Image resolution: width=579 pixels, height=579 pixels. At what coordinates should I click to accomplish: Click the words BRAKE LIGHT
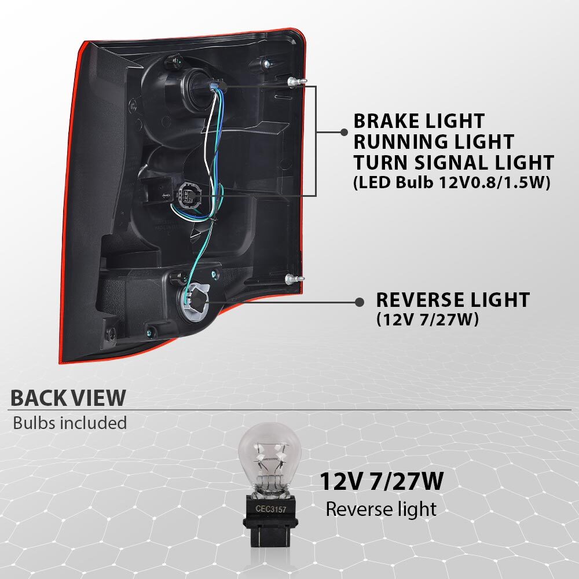pos(419,121)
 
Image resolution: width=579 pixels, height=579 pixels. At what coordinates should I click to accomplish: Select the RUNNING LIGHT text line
pos(434,141)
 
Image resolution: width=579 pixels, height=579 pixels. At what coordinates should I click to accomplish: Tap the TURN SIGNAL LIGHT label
pos(454,163)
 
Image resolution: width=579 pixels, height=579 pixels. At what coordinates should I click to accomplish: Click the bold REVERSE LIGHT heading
pos(453,300)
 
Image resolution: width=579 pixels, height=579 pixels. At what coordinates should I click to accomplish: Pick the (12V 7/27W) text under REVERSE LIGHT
pos(427,319)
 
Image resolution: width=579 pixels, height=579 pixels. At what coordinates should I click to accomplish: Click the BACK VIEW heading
pos(68,398)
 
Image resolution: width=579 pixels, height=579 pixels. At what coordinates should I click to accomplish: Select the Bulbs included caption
pos(70,423)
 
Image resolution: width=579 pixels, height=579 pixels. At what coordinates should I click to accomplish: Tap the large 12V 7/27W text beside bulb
pos(381,481)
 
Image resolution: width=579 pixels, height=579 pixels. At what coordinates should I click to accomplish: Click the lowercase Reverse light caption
pos(381,509)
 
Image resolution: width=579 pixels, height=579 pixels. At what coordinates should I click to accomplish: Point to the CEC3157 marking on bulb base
pos(270,509)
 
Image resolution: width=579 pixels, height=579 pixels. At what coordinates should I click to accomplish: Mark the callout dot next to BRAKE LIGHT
pos(344,132)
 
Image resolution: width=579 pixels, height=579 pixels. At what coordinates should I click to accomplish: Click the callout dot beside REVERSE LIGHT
pos(359,302)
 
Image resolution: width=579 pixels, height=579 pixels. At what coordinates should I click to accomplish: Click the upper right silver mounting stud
pos(296,82)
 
